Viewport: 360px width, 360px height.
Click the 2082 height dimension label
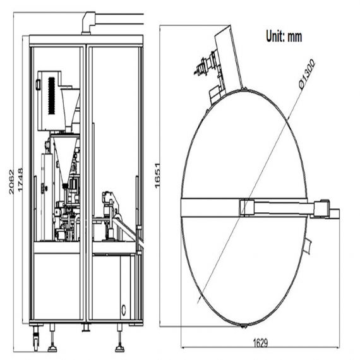[11, 182]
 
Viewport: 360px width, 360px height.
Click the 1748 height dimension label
[20, 180]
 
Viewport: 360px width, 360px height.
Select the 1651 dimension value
[157, 176]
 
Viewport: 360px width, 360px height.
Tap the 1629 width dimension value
[260, 343]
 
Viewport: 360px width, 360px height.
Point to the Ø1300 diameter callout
[307, 74]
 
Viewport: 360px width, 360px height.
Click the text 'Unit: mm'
[284, 36]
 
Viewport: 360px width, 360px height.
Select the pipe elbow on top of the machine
[88, 23]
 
